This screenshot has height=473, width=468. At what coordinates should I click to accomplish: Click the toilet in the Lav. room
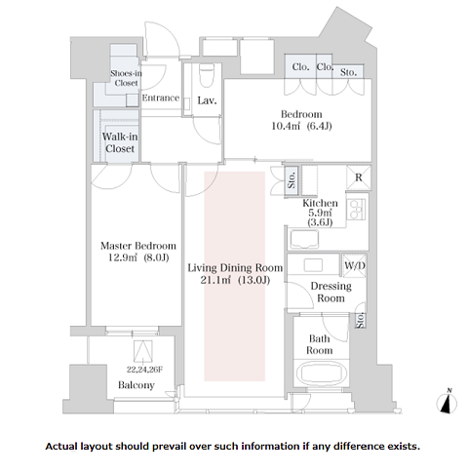206,75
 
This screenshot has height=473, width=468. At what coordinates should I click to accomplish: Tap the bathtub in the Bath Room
321,374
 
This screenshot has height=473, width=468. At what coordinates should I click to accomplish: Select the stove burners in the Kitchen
356,210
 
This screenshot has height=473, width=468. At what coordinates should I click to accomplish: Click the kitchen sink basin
304,239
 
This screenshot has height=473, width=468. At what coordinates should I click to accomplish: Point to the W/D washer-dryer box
354,265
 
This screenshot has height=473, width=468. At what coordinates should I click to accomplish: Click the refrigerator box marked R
359,177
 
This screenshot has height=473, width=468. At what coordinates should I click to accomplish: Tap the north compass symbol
447,402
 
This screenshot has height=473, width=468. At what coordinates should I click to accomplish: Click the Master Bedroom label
138,246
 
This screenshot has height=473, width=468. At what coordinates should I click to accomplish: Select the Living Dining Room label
235,268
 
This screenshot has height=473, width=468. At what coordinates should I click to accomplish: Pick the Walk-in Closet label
120,142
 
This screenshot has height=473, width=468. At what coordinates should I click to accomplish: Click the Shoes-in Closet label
126,78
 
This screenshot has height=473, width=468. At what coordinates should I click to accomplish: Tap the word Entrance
161,98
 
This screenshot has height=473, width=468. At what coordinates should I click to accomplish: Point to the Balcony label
136,385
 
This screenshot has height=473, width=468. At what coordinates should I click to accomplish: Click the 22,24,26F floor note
144,370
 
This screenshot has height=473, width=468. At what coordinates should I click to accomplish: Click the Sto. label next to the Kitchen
292,180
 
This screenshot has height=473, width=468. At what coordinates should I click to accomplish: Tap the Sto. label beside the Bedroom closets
348,72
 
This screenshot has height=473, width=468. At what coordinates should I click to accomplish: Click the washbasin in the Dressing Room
313,265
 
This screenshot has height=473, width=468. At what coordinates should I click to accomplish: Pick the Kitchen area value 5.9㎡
320,213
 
